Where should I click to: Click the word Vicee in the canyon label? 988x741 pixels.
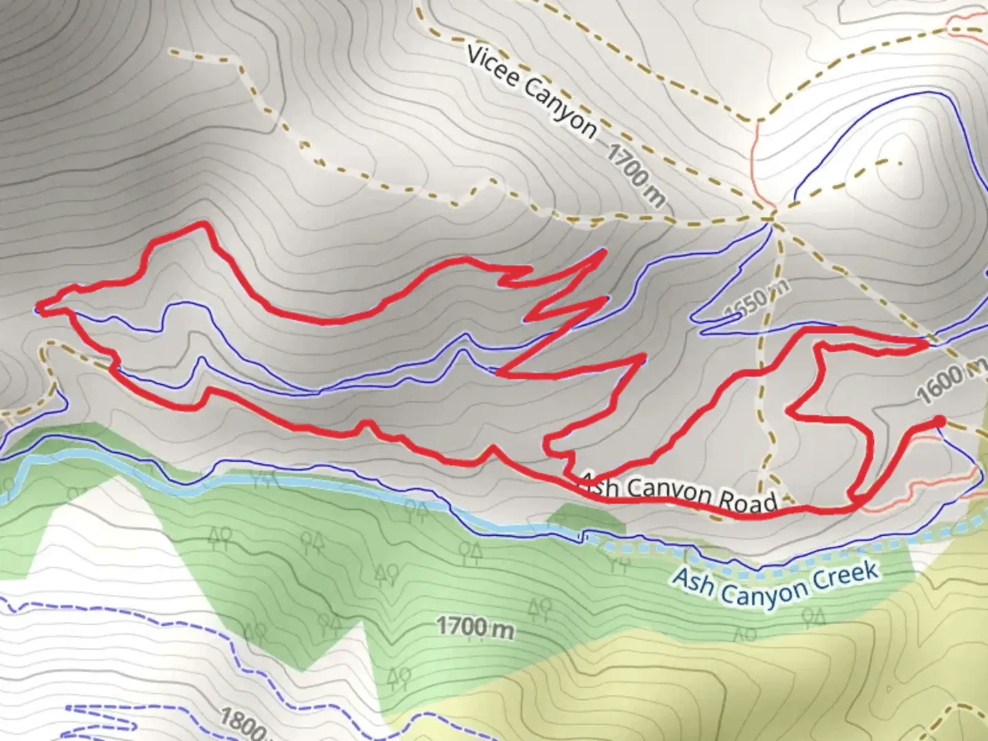point(493,67)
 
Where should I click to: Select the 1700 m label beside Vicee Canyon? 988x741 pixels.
point(635,175)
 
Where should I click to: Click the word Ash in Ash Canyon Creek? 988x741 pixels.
point(693,580)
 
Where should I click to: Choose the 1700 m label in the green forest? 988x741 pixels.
point(475,626)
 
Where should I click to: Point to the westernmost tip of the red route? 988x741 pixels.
point(38,307)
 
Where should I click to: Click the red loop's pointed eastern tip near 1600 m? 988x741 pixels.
point(926,343)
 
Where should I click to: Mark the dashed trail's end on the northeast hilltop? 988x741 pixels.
point(899,162)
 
